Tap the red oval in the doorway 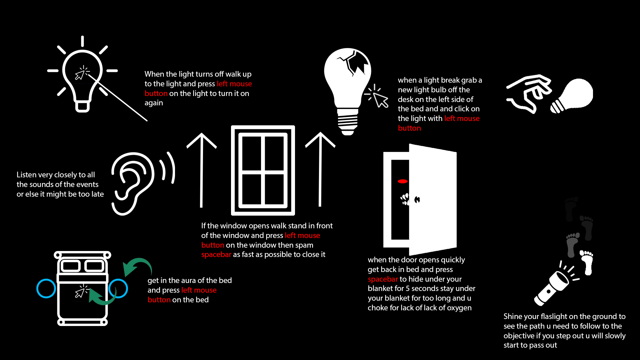403,181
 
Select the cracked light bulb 348,83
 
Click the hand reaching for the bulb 530,93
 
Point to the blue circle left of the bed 46,288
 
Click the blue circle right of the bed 118,288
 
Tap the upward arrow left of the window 201,170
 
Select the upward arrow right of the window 320,170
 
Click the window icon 263,170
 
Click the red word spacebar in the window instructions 216,255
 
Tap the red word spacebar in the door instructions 383,279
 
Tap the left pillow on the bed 71,266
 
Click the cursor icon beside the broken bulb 378,97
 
